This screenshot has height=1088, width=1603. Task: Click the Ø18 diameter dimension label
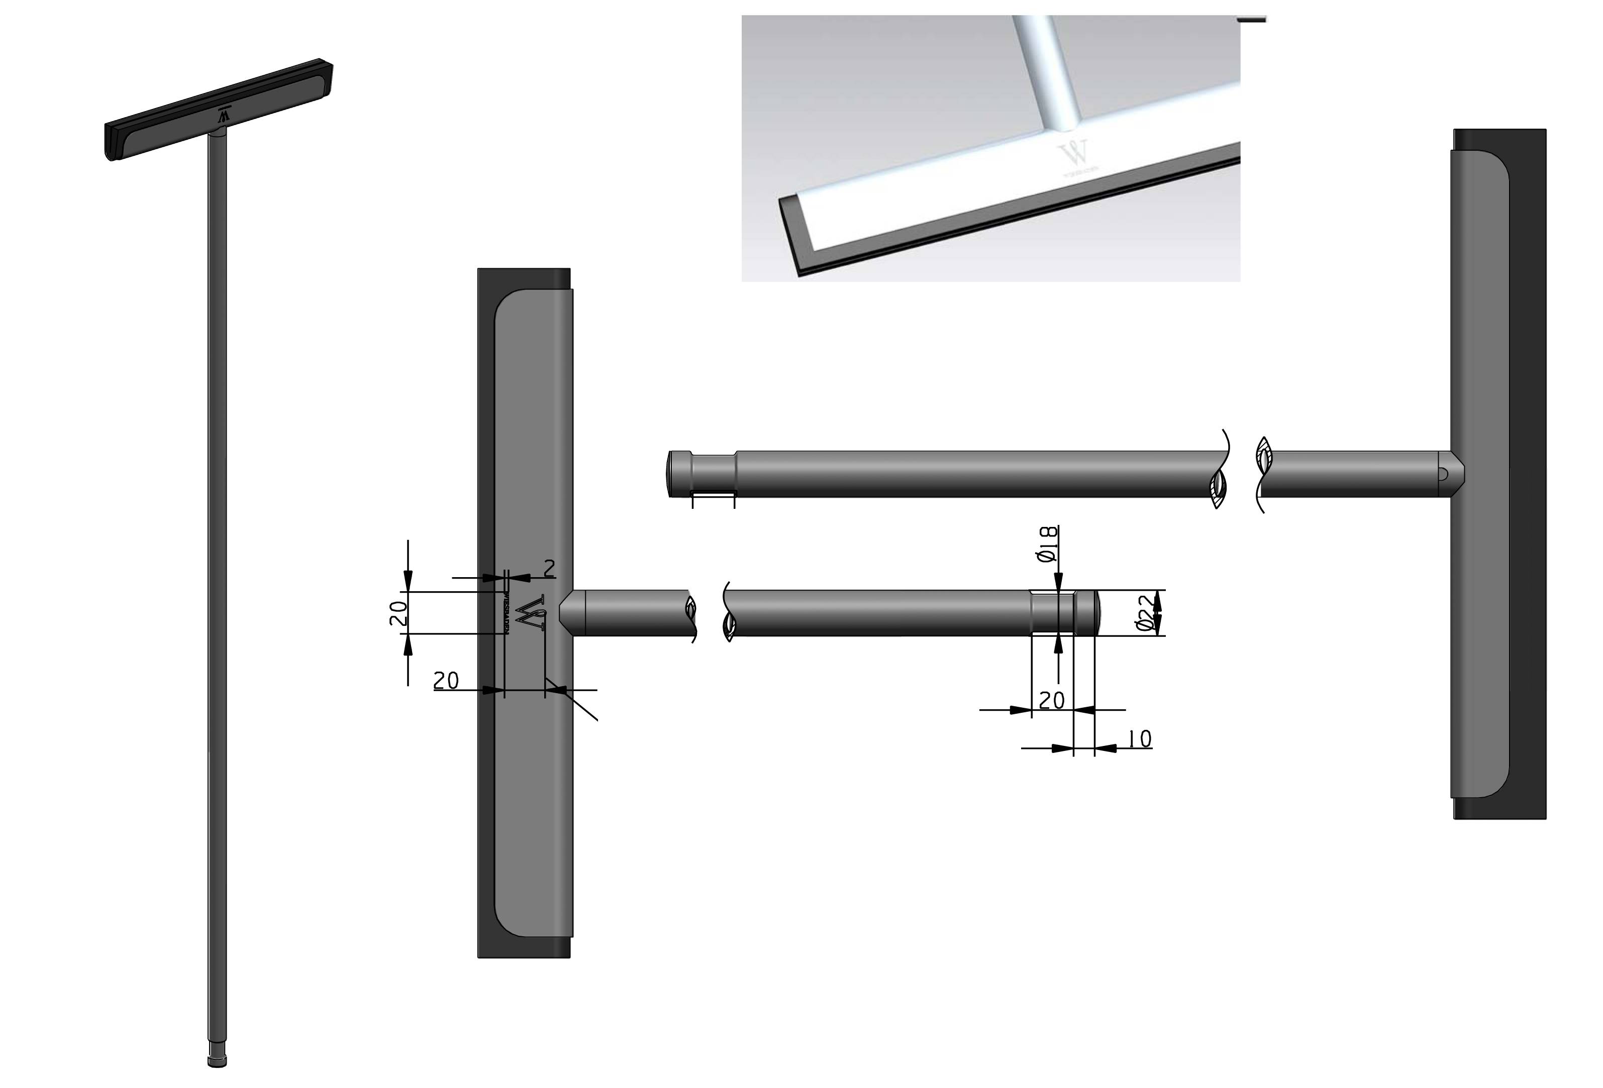point(1048,544)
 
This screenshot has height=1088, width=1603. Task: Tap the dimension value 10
point(1140,739)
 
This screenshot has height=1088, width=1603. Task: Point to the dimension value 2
point(549,569)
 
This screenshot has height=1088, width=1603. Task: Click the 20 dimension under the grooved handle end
point(1051,701)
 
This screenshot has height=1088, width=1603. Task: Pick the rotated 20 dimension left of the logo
point(398,613)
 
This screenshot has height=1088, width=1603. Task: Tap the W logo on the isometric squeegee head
point(223,115)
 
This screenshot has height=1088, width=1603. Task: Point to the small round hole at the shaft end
point(1443,474)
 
